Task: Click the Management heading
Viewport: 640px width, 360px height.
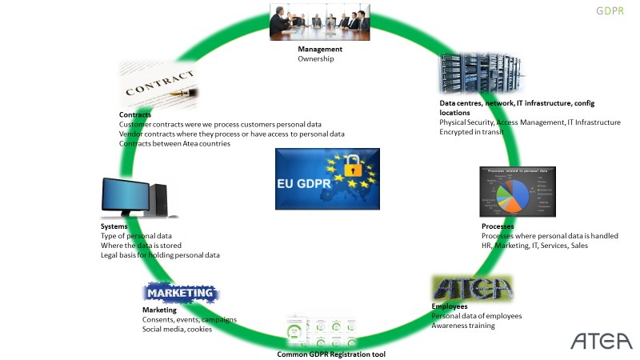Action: [320, 49]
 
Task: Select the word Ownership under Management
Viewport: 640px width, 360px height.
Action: [317, 58]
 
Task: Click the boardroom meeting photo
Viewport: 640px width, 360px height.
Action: [319, 22]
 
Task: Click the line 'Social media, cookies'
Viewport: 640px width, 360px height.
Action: [177, 329]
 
